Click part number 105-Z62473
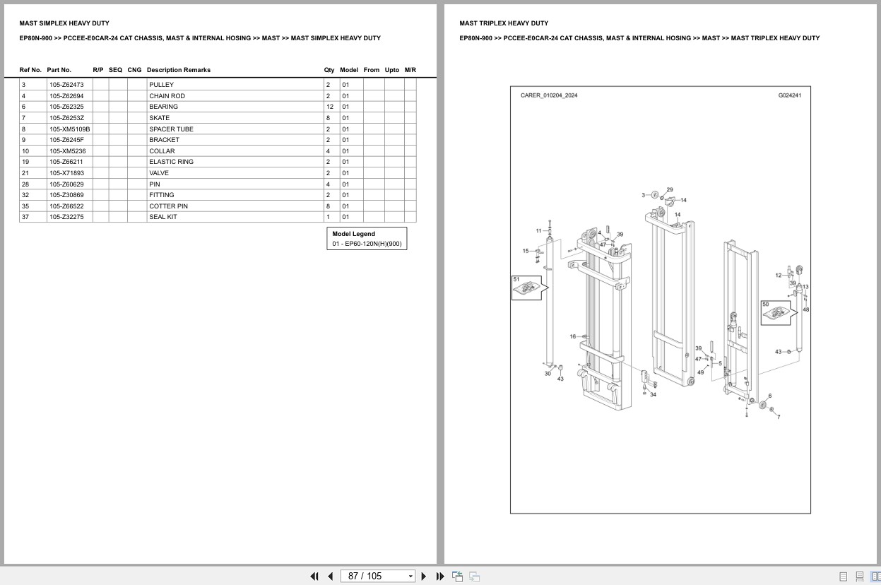coord(66,85)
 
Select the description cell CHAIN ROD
coord(167,96)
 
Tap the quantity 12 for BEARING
coord(329,107)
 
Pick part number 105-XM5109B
coord(70,129)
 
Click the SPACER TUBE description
coord(171,129)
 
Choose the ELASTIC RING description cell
coord(171,162)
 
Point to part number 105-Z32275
coord(66,217)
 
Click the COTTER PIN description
coord(168,206)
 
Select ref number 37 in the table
coord(25,217)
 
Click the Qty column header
coord(329,70)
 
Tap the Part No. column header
coord(59,70)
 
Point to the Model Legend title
coord(353,234)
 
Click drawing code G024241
coord(789,95)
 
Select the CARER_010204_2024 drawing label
coord(549,95)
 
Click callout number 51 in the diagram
coord(516,280)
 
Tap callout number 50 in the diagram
coord(765,305)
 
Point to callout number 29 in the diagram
coord(670,190)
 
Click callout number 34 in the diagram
coord(653,394)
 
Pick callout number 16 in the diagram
coord(573,337)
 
